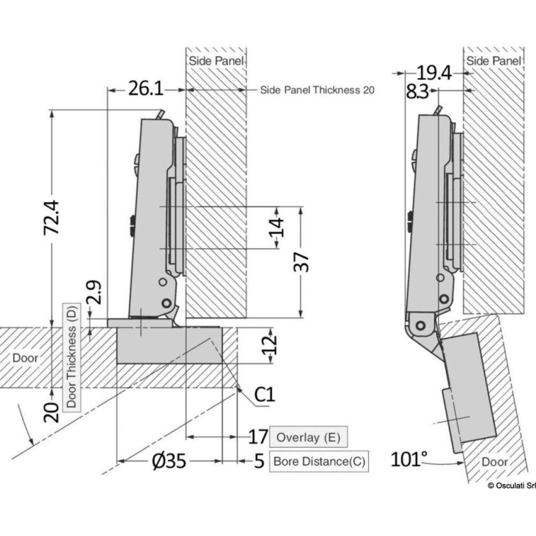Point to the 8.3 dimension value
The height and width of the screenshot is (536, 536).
tap(417, 92)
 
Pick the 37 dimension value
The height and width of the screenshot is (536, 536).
tap(304, 262)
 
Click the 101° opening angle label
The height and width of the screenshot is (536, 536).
tap(409, 460)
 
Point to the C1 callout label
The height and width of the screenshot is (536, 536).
tap(264, 396)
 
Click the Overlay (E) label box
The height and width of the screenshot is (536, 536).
tap(308, 437)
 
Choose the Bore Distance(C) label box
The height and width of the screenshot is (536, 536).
tap(319, 461)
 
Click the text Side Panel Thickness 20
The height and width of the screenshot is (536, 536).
tap(317, 90)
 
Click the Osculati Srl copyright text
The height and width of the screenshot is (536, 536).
tap(511, 486)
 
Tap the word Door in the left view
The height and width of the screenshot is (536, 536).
tap(26, 358)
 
